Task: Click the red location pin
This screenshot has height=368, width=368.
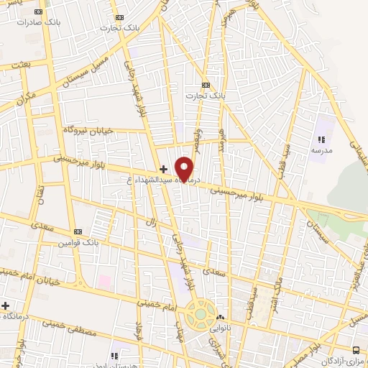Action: click(185, 169)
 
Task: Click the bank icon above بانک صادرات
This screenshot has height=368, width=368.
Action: click(38, 11)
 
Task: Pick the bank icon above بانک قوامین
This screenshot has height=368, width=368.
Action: click(78, 231)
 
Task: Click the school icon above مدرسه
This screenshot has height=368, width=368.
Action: click(321, 139)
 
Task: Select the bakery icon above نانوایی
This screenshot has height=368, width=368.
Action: click(221, 317)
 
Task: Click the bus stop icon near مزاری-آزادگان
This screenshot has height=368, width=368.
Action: click(356, 350)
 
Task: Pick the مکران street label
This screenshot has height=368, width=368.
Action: click(27, 96)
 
